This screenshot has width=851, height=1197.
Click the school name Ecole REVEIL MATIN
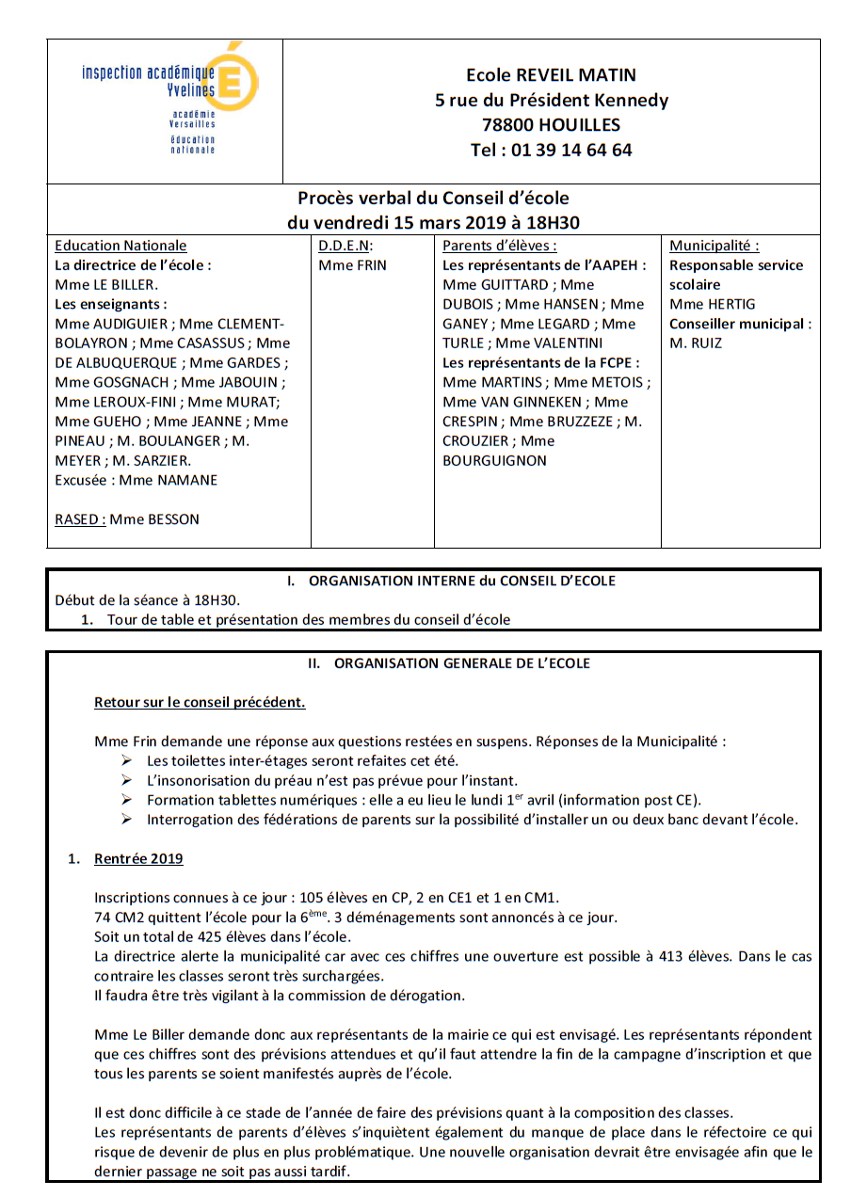point(551,75)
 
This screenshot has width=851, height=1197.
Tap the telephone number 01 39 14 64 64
point(571,150)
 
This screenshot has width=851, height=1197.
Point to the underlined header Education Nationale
point(120,246)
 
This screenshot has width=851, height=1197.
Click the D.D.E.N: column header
point(346,246)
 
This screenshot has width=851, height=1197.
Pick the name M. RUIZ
point(696,343)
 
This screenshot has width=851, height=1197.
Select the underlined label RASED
point(79,519)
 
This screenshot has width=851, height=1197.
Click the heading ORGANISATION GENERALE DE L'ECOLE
point(462,663)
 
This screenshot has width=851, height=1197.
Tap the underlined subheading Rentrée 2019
point(138,859)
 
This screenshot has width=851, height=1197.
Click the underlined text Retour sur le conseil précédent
point(200,703)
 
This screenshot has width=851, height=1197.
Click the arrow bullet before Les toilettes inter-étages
point(127,760)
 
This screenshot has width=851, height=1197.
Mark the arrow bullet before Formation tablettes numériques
point(127,800)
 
